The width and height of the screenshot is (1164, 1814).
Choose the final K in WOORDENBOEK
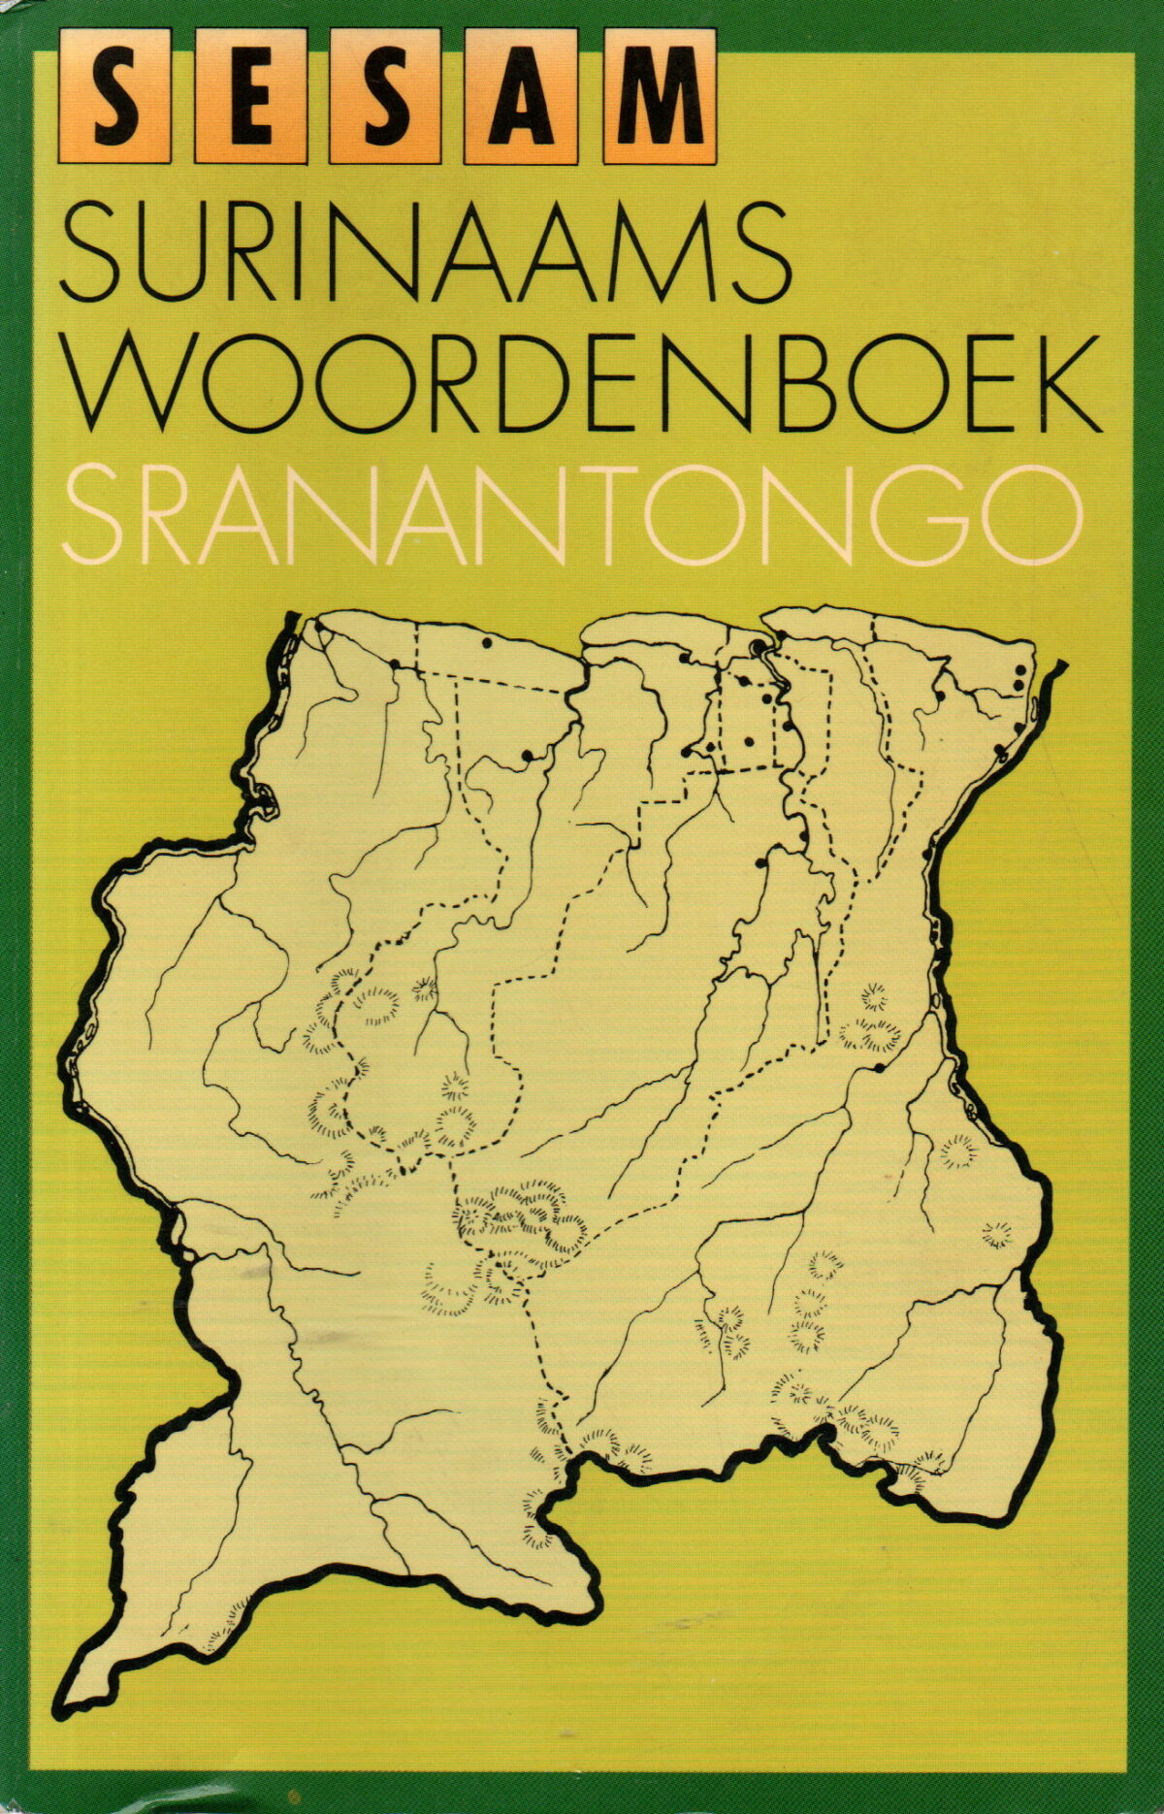(x=1059, y=385)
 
